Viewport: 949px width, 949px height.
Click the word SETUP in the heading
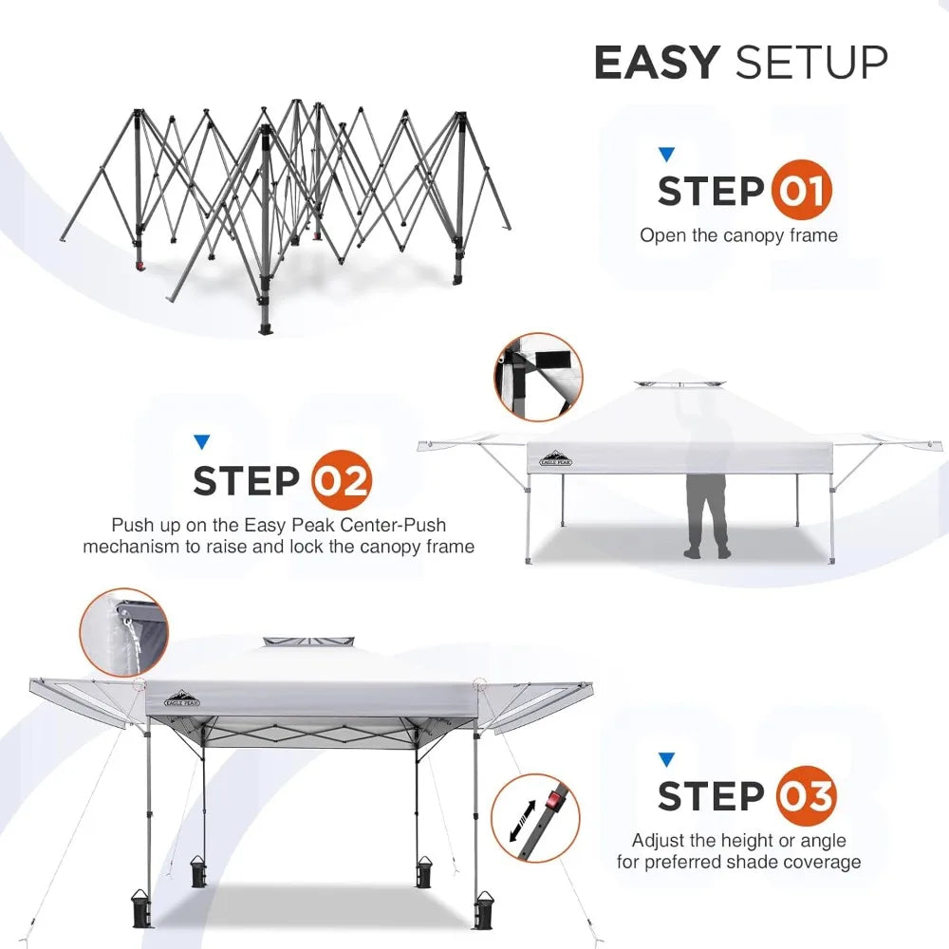click(x=811, y=63)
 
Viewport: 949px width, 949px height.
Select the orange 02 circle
click(x=341, y=481)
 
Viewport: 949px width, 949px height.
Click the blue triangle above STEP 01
click(x=666, y=154)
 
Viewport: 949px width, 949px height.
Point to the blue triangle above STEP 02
click(x=201, y=442)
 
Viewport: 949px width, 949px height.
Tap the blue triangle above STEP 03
click(x=666, y=759)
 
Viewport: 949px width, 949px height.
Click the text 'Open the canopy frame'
click(x=738, y=234)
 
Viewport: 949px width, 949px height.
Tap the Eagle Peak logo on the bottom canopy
click(x=181, y=698)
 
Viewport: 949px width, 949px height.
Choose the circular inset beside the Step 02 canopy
click(x=537, y=377)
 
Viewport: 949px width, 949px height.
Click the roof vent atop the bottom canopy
click(x=307, y=643)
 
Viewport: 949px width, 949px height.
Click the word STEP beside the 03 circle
click(x=712, y=796)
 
